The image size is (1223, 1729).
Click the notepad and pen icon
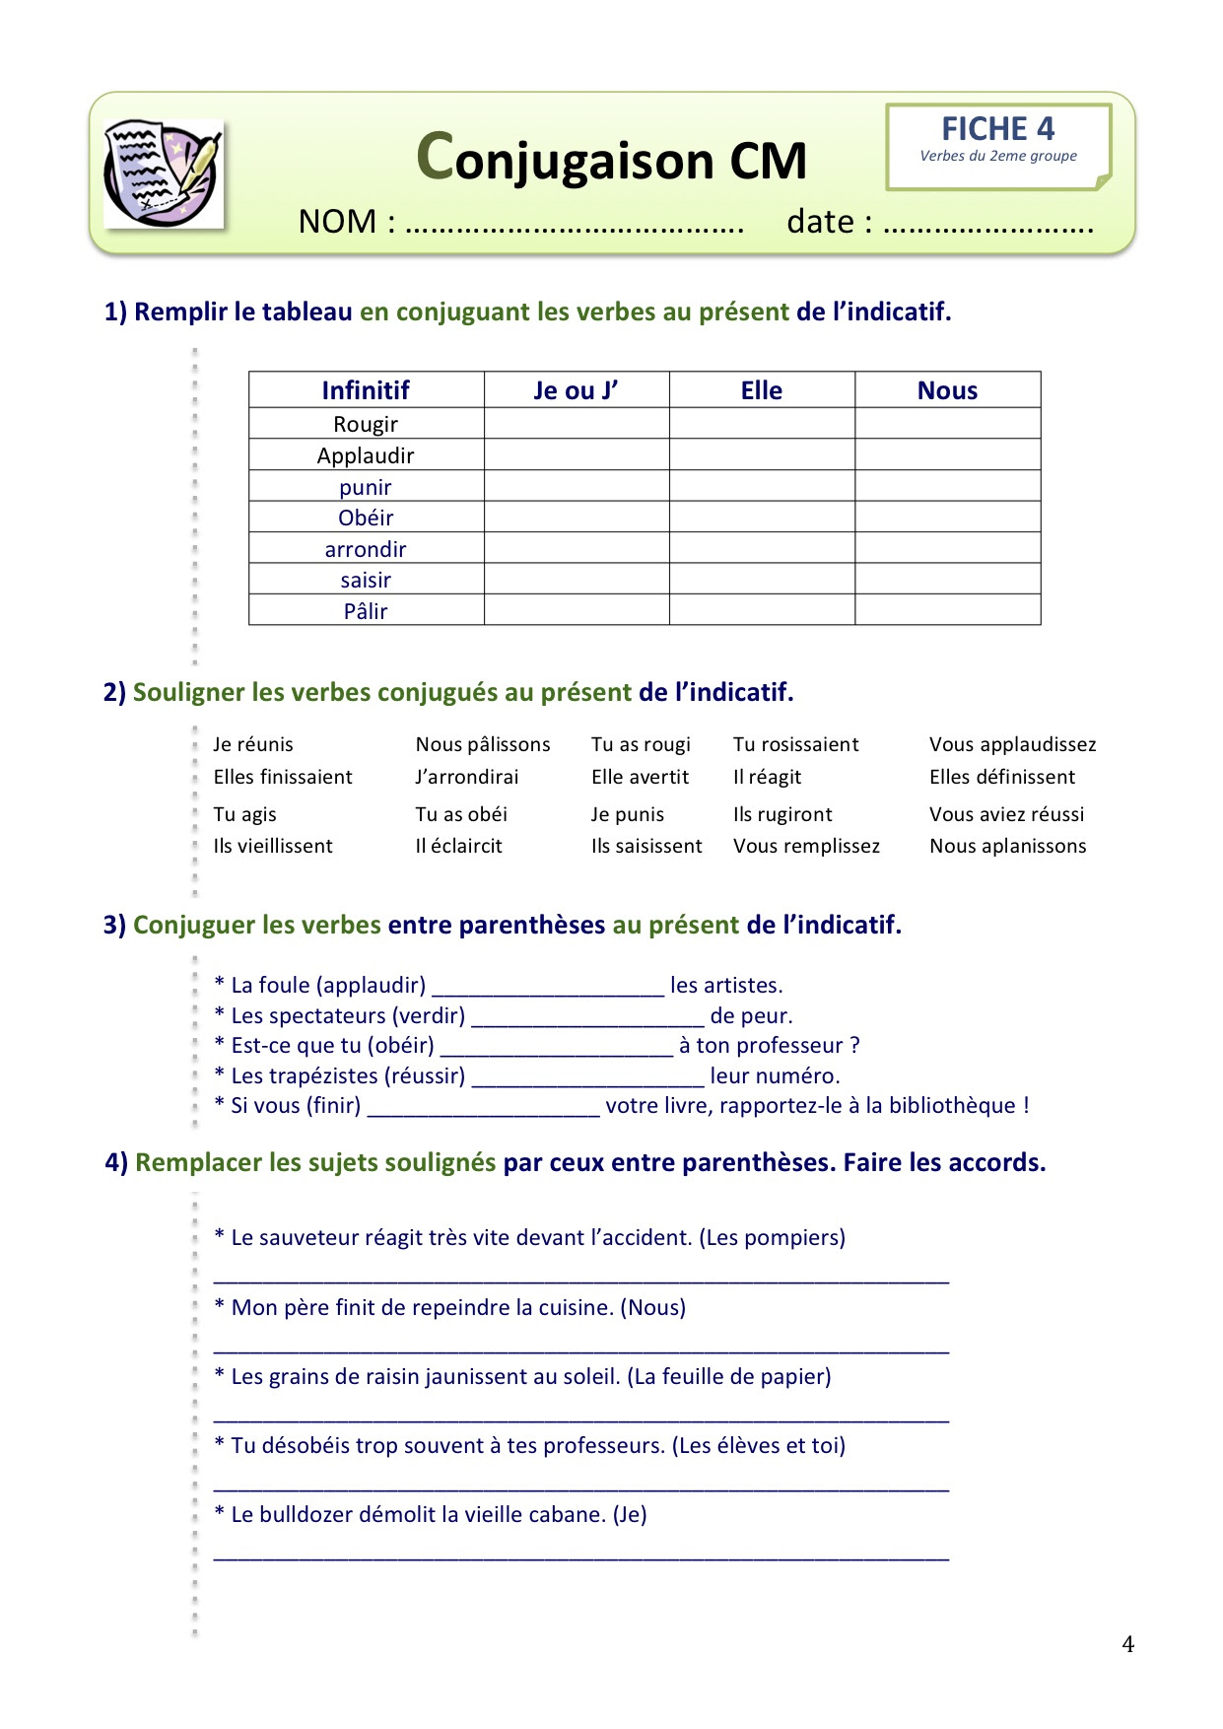(164, 173)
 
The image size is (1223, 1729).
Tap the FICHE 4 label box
(997, 145)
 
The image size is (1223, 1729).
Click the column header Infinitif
(366, 390)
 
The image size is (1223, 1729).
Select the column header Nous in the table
(947, 390)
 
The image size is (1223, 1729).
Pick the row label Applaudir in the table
(366, 455)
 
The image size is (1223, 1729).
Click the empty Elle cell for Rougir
(762, 424)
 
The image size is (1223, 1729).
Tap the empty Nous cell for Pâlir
(947, 610)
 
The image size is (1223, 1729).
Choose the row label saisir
(366, 580)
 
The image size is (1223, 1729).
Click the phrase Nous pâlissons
(483, 744)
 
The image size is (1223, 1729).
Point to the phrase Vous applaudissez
(1012, 744)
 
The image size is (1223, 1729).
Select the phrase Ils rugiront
(782, 814)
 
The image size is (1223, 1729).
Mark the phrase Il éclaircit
(458, 846)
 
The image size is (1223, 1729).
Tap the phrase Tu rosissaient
(795, 744)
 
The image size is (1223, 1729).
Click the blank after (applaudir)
(548, 987)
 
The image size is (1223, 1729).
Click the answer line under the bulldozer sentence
(581, 1556)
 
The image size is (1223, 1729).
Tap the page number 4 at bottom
(1127, 1644)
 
